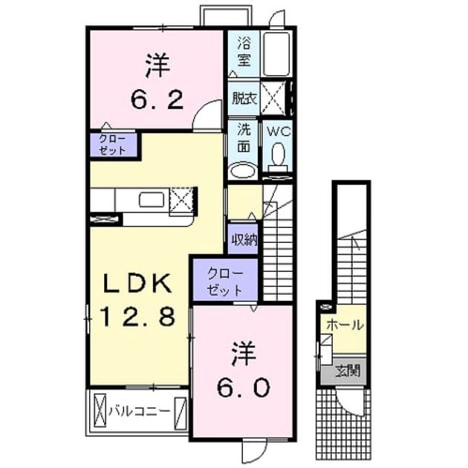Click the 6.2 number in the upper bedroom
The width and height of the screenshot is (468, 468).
pos(157,100)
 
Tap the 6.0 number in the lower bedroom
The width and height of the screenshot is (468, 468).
pos(244,387)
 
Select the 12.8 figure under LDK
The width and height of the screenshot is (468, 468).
pos(137,316)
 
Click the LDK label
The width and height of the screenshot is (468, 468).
pos(137,283)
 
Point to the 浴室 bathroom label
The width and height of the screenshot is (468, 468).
pos(244,51)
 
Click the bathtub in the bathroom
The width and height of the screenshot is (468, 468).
pos(276,53)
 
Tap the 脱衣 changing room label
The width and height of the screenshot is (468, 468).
pos(244,98)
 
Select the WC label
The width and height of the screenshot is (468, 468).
pos(278,131)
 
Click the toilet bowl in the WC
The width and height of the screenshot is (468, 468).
pos(278,155)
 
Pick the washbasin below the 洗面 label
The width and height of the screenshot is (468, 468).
pos(244,171)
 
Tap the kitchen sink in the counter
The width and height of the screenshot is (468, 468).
pos(152,199)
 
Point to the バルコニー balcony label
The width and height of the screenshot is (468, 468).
pos(139,412)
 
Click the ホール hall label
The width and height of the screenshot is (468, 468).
pos(345,325)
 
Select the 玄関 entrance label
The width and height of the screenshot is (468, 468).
pos(348,371)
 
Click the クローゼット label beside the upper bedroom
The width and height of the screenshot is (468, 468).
pos(112,145)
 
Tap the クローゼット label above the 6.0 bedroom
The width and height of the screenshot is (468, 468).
pos(225,282)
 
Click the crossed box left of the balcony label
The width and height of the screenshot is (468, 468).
pos(100,410)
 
